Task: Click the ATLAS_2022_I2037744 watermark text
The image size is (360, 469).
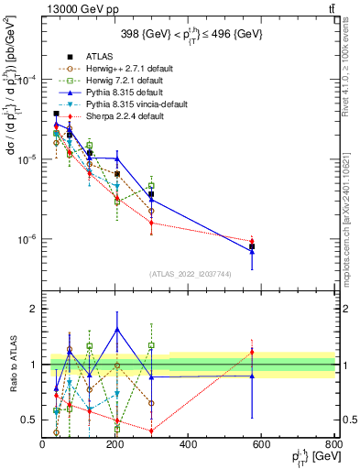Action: coord(189,273)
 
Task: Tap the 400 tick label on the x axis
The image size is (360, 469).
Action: coord(189,443)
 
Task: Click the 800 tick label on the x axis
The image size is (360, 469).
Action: coord(333,443)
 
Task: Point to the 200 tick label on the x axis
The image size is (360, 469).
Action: coord(115,443)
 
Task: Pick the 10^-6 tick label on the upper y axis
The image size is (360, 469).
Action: coord(26,240)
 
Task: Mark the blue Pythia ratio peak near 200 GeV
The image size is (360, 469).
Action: coord(116,329)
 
